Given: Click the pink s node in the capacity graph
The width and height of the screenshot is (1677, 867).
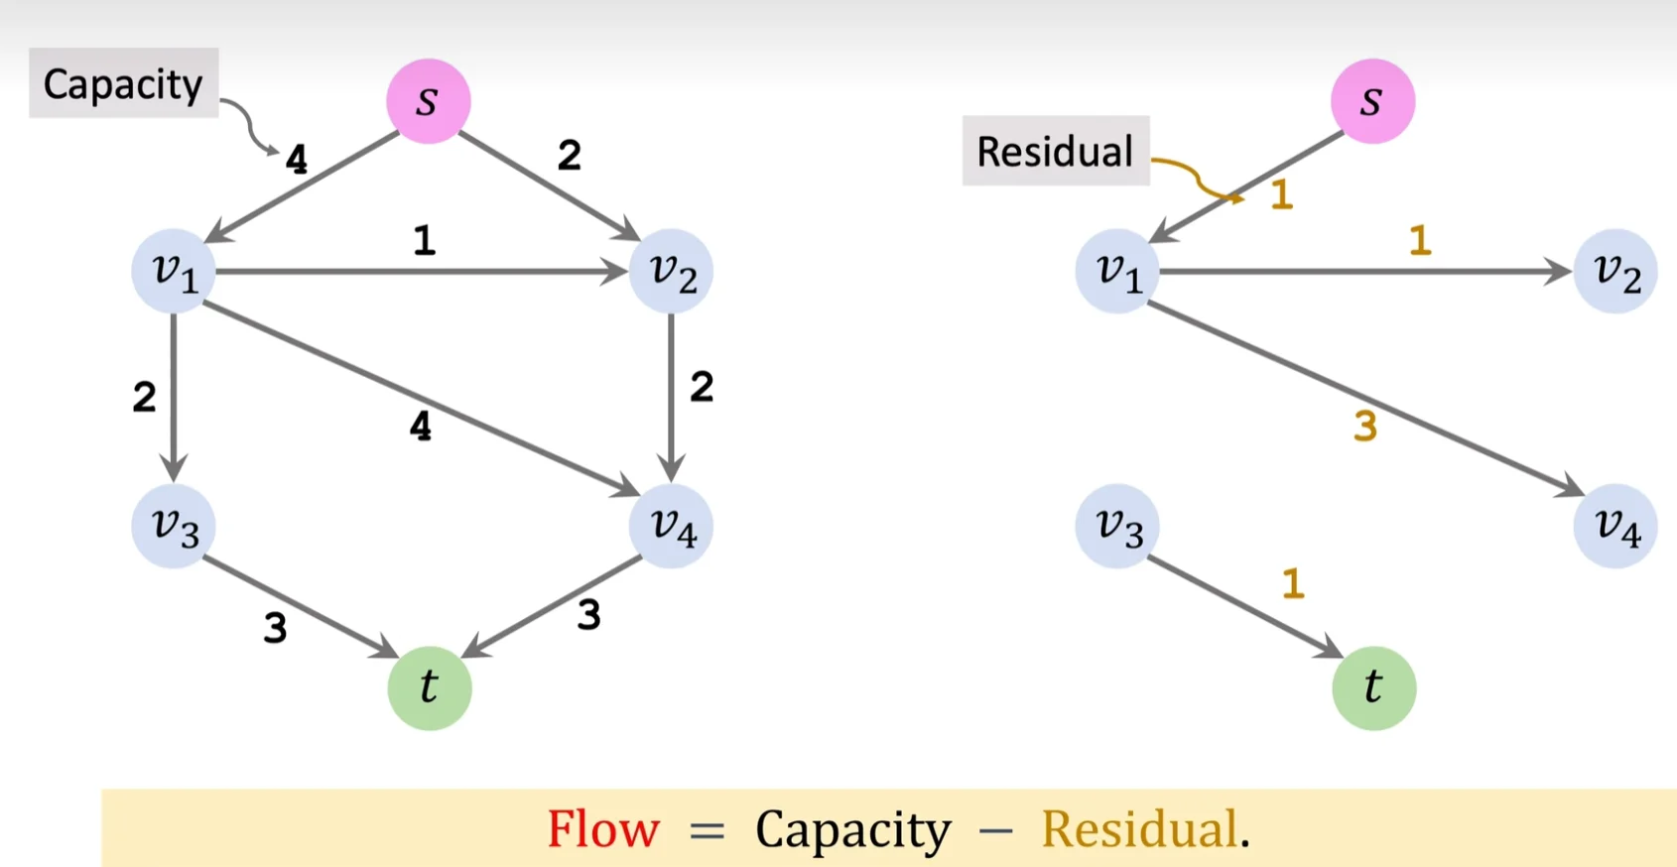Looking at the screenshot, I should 428,101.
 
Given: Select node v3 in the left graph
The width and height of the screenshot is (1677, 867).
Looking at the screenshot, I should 174,526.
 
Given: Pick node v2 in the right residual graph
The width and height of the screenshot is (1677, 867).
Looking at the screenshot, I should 1614,272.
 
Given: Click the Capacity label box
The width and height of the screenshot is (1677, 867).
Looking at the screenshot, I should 123,83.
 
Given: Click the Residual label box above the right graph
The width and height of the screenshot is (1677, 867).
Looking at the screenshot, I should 1055,151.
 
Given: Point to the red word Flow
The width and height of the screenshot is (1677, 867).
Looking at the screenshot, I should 603,828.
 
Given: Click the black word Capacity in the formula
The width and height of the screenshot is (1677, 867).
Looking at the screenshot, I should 852,829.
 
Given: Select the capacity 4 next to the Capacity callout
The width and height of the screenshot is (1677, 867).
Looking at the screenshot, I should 296,159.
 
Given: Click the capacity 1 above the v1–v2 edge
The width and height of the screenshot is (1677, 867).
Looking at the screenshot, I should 425,240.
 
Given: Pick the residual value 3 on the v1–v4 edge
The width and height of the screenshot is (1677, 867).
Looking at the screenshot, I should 1365,427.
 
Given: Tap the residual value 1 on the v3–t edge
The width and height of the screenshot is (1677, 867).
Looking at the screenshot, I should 1292,583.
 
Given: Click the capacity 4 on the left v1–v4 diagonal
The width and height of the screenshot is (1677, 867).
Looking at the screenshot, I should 421,427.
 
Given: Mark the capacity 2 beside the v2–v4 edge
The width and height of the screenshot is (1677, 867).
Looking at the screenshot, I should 702,387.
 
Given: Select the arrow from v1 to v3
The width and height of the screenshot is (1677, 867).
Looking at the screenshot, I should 174,397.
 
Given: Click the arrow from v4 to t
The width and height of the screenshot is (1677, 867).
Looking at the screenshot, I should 552,607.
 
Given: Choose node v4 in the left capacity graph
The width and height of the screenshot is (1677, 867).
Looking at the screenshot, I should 671,526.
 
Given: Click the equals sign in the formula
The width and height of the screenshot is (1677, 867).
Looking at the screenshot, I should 707,830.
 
